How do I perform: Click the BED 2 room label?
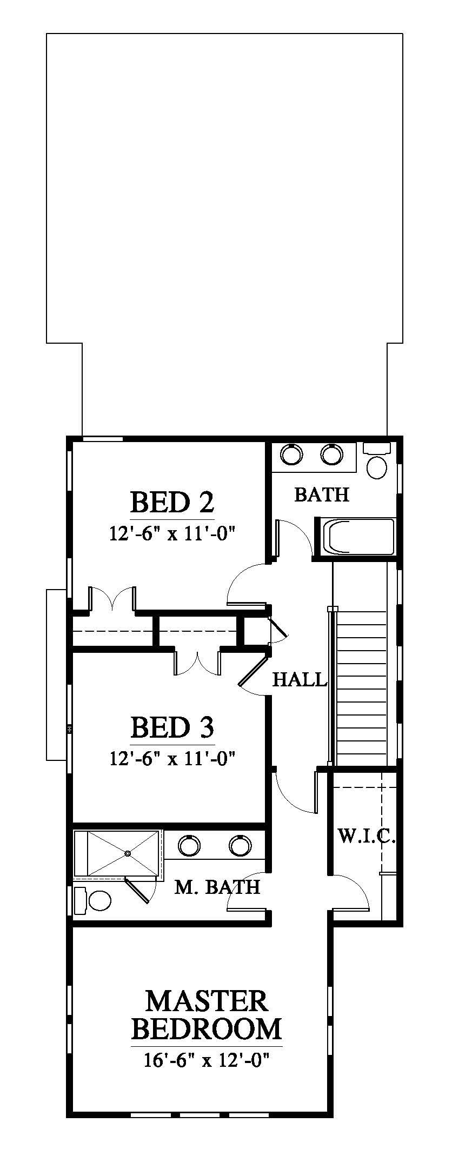click(x=172, y=502)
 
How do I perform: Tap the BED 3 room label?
click(x=172, y=727)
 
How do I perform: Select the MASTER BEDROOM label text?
click(x=207, y=1015)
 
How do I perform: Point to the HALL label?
click(x=300, y=679)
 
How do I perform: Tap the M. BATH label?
click(x=217, y=887)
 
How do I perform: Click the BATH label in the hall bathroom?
click(x=322, y=494)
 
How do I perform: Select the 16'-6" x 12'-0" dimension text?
click(x=207, y=1060)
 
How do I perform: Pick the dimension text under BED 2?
click(x=172, y=534)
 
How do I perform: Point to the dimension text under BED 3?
click(x=172, y=759)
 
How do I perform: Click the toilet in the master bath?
click(x=92, y=900)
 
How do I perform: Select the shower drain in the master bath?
click(x=128, y=853)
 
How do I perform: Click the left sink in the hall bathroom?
click(x=293, y=453)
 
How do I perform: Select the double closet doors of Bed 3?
click(x=197, y=663)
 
